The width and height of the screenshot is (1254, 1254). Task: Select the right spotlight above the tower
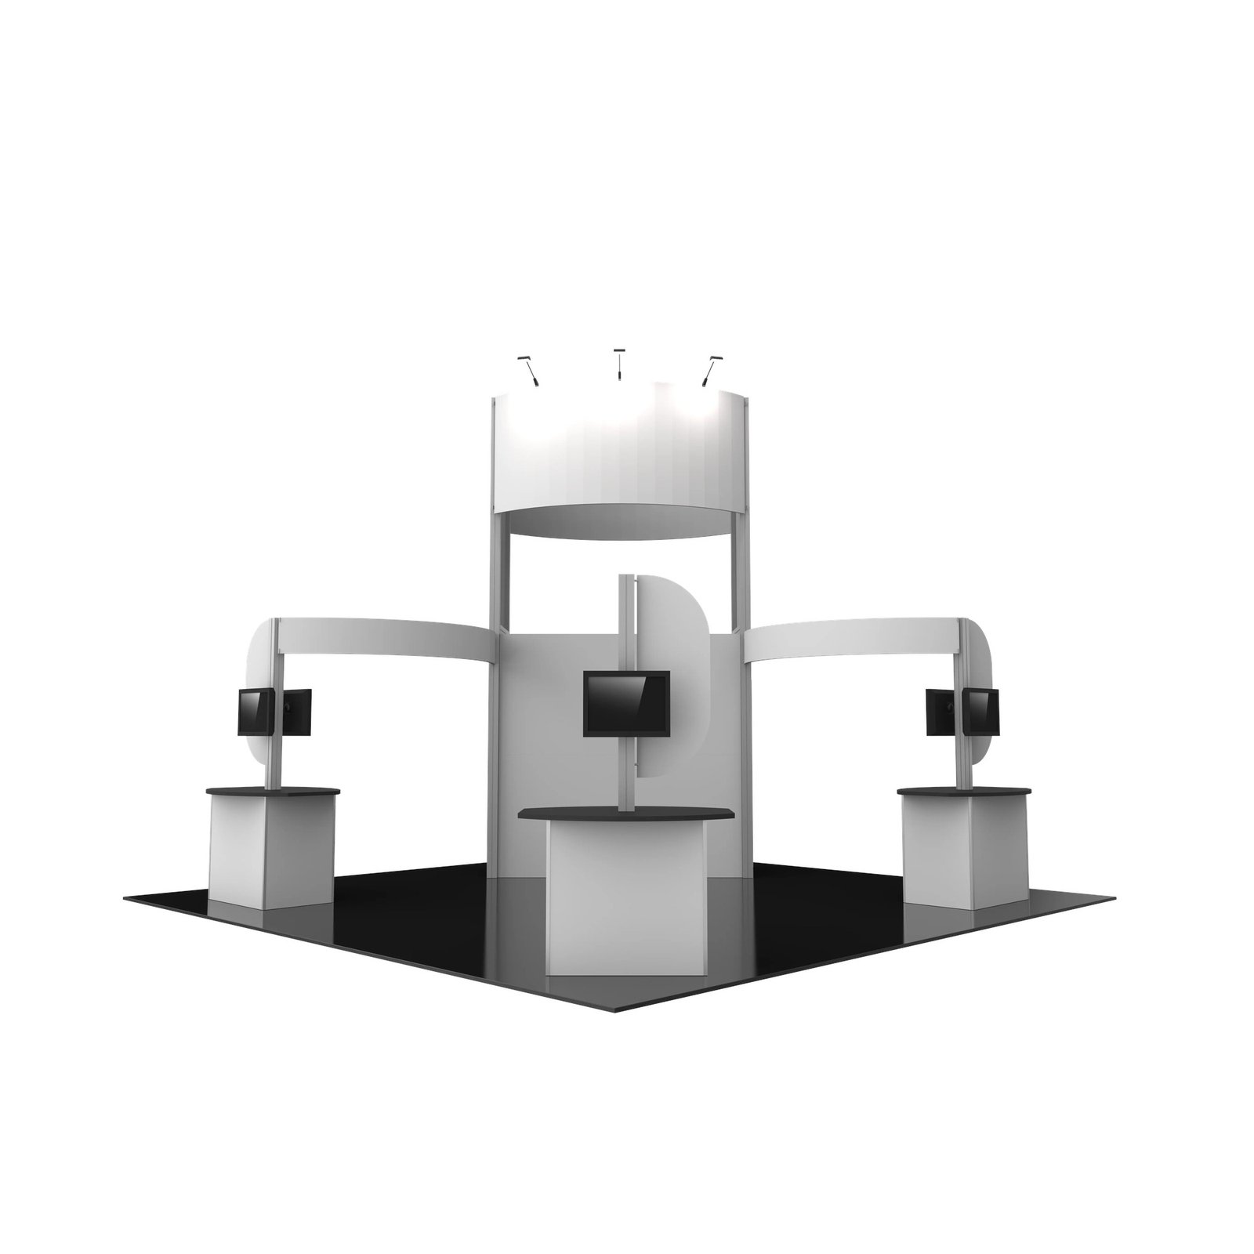click(x=710, y=371)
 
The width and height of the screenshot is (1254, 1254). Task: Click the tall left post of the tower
click(x=496, y=580)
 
